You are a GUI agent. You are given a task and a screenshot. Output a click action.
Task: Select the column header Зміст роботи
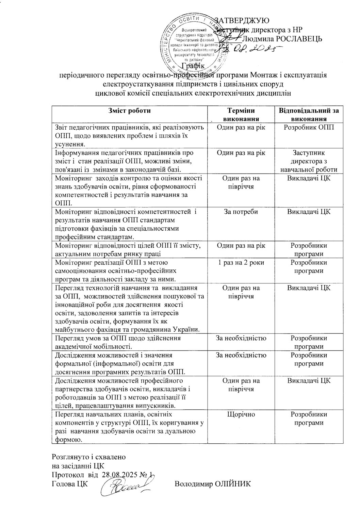[x=129, y=111]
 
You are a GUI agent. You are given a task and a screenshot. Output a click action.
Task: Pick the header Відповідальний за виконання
[x=309, y=115]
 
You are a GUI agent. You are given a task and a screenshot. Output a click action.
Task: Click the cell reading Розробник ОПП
[x=309, y=128]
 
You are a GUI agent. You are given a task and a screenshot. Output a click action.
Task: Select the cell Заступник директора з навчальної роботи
[x=309, y=161]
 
